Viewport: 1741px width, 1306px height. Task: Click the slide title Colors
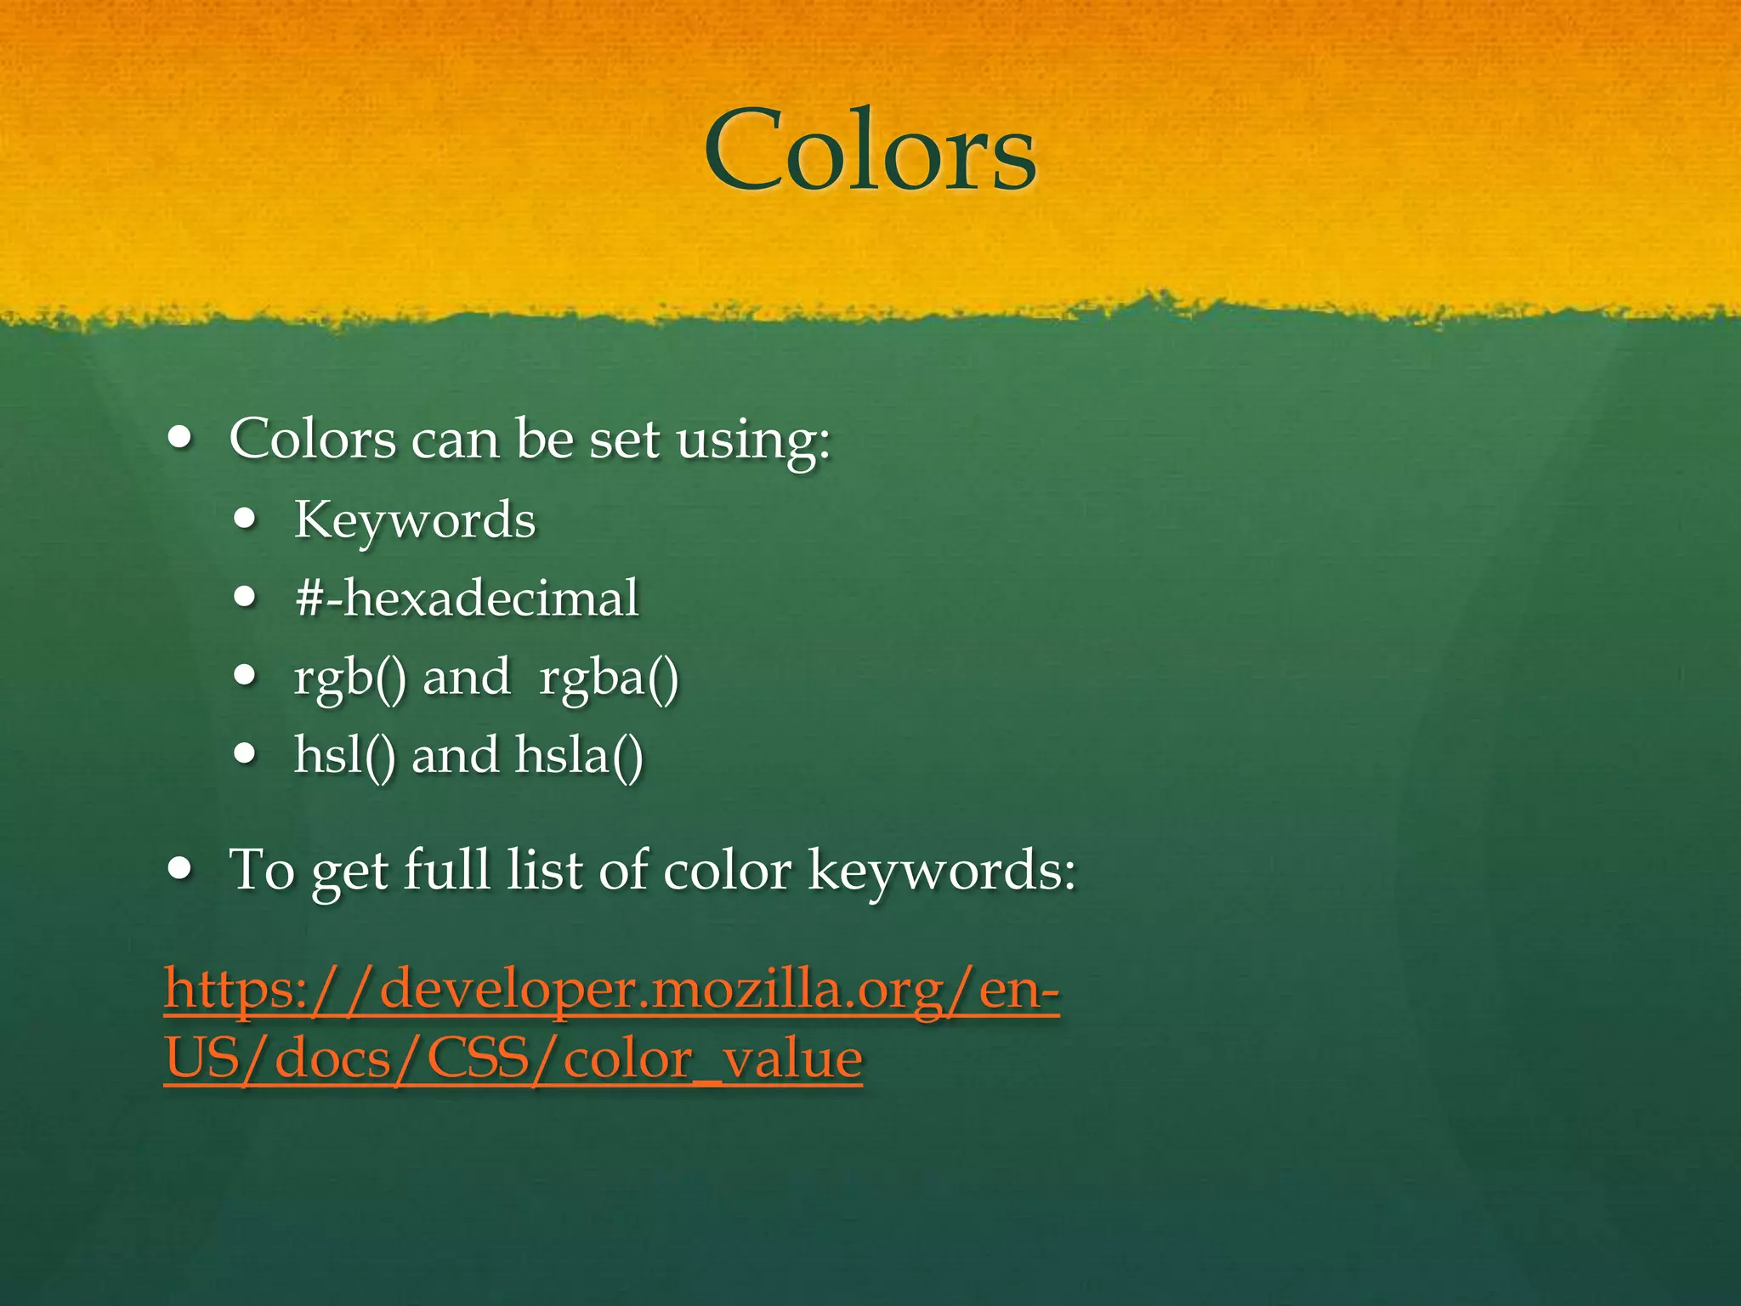(870, 151)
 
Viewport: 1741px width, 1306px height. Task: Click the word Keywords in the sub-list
(415, 520)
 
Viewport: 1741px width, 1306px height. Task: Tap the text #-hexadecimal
(466, 598)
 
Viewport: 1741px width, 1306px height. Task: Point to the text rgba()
(609, 678)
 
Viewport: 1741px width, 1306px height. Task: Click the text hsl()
(344, 755)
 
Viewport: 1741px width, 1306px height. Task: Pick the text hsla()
(579, 755)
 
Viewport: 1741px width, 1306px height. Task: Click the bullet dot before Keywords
(246, 520)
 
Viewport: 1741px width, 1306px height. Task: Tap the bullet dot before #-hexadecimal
(246, 598)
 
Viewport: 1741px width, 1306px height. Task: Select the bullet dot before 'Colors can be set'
(180, 439)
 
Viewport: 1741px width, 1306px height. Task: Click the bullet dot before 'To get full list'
(180, 869)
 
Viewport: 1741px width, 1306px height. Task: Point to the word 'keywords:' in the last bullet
(942, 872)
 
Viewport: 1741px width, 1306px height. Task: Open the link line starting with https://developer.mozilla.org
(611, 990)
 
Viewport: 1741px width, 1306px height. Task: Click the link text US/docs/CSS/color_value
(513, 1059)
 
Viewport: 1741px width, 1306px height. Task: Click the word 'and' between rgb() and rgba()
(466, 678)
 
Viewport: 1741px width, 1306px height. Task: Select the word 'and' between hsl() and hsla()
(455, 755)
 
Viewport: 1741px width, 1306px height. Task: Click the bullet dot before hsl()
(246, 753)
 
